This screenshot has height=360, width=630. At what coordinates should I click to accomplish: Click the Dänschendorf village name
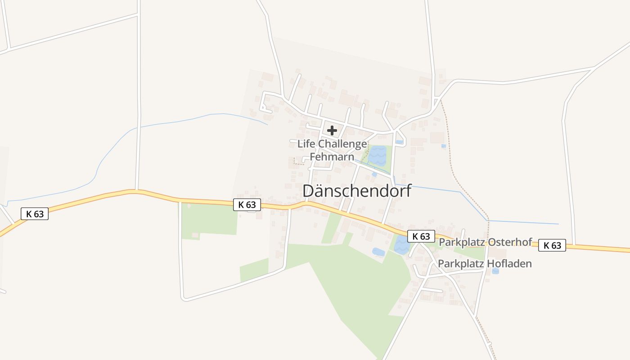point(357,191)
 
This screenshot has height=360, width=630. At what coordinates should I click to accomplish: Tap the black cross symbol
point(332,130)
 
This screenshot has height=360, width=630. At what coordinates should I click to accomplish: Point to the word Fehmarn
point(332,157)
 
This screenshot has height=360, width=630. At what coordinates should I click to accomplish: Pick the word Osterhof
point(510,242)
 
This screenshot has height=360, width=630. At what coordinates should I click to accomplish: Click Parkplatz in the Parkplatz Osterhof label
point(462,242)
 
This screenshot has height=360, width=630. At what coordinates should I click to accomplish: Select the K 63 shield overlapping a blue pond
point(421,236)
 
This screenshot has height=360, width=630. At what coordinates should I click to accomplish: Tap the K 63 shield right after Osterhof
point(552,245)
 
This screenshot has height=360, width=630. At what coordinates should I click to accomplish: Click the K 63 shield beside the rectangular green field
point(247,205)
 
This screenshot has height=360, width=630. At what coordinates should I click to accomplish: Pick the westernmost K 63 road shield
point(35,214)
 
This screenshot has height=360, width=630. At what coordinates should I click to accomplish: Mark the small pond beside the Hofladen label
point(495,271)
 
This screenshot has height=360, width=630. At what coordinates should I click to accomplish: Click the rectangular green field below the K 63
point(209,219)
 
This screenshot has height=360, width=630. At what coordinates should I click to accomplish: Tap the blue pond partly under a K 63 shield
point(400,245)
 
